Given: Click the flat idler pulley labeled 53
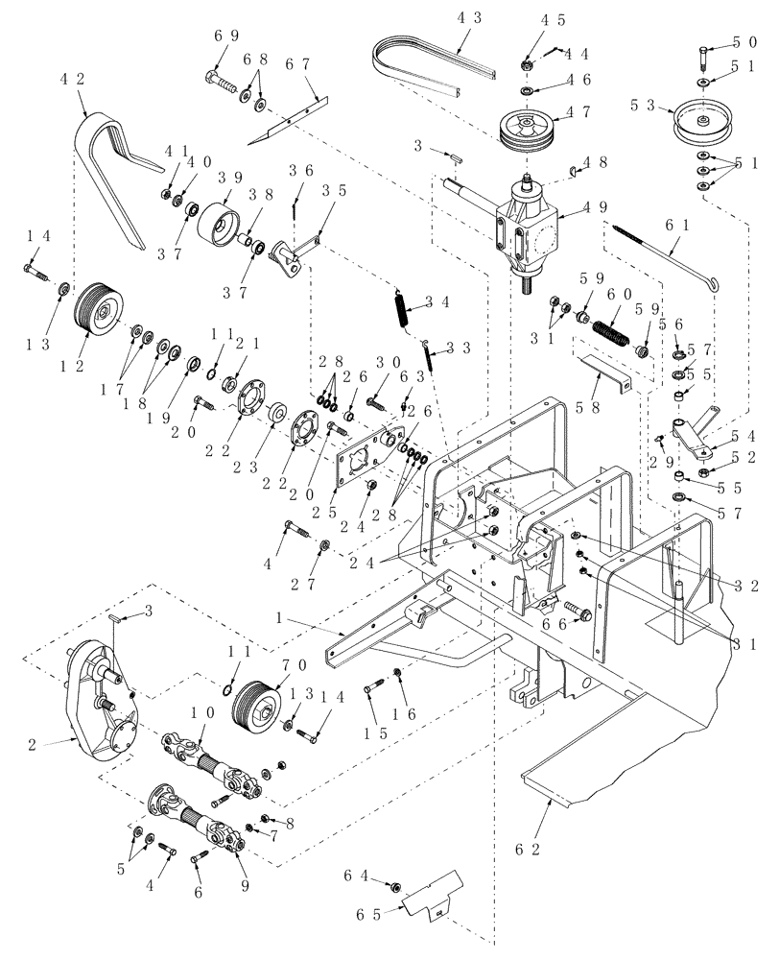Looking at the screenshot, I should pos(704,120).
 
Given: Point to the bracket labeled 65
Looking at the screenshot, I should pos(430,898).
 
